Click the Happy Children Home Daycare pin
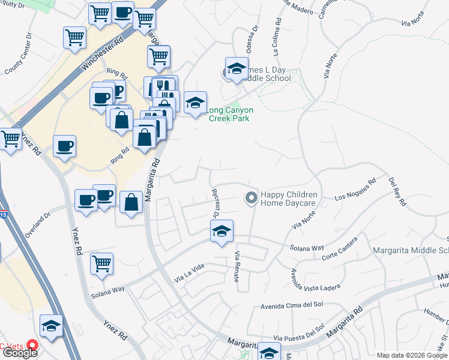point(251,197)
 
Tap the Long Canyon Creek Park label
point(230,114)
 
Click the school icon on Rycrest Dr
point(221,231)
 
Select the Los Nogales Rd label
point(355,188)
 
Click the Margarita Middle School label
point(411,250)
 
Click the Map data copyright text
point(412,355)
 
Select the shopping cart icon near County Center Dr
point(75,37)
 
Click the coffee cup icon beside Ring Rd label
point(64,146)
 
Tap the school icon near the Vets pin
point(52,326)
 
